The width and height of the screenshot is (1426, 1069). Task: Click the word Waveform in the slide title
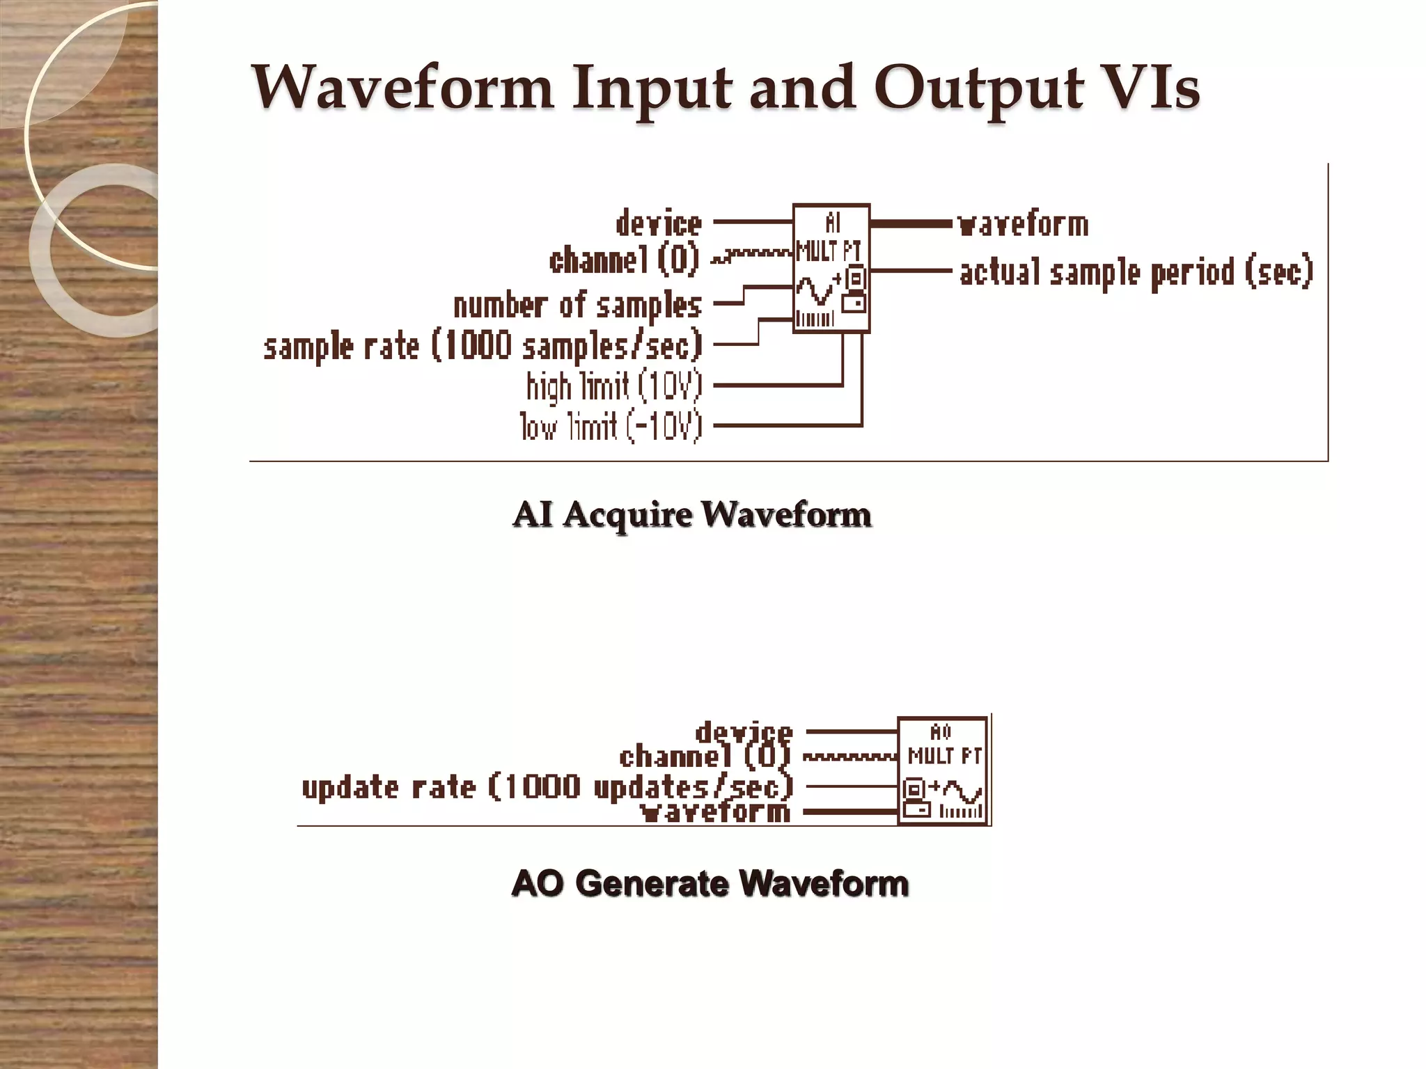pyautogui.click(x=402, y=88)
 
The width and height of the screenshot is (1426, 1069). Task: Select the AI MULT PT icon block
pyautogui.click(x=831, y=269)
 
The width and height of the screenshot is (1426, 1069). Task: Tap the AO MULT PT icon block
pyautogui.click(x=943, y=771)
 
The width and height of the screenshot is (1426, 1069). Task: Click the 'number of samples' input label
pyautogui.click(x=577, y=306)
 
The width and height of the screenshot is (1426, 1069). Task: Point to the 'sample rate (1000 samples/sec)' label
pyautogui.click(x=483, y=346)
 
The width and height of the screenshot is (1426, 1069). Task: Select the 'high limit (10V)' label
pyautogui.click(x=614, y=386)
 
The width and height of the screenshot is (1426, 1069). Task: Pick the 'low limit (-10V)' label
pyautogui.click(x=611, y=427)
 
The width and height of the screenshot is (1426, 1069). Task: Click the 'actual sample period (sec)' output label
pyautogui.click(x=1136, y=271)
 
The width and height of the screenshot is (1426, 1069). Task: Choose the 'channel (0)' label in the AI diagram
pyautogui.click(x=624, y=260)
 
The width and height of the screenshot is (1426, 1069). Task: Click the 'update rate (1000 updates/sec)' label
pyautogui.click(x=547, y=787)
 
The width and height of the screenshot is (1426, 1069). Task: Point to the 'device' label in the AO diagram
pyautogui.click(x=744, y=731)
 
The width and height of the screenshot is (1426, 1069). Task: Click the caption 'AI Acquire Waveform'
pyautogui.click(x=691, y=515)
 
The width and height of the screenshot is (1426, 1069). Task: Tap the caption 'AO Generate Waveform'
pyautogui.click(x=710, y=883)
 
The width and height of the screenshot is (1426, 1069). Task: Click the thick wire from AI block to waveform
pyautogui.click(x=911, y=223)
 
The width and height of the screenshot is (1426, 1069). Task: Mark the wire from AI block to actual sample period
pyautogui.click(x=911, y=270)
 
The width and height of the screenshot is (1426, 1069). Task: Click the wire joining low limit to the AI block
pyautogui.click(x=787, y=425)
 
